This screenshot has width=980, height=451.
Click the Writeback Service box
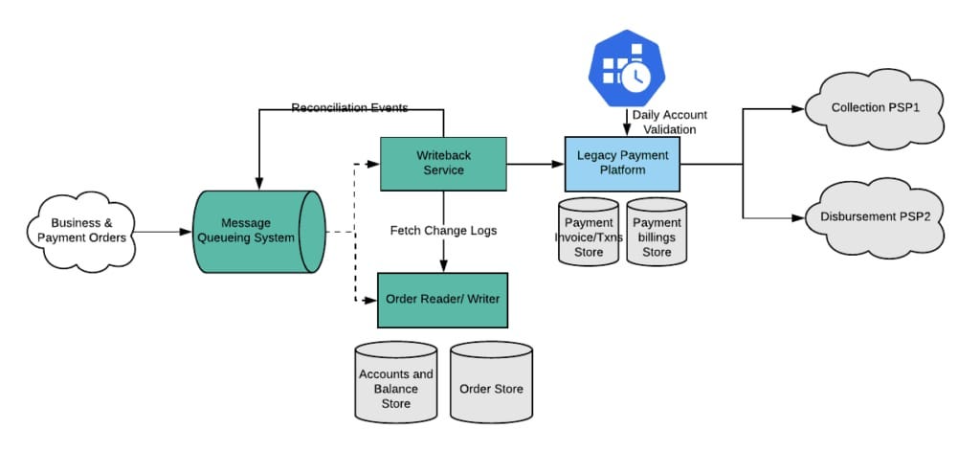(x=442, y=163)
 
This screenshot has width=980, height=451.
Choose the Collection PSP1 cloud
(x=875, y=108)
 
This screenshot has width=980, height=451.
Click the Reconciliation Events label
(x=349, y=108)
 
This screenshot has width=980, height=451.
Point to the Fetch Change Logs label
(x=442, y=231)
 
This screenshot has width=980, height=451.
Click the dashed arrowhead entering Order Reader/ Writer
(x=370, y=301)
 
